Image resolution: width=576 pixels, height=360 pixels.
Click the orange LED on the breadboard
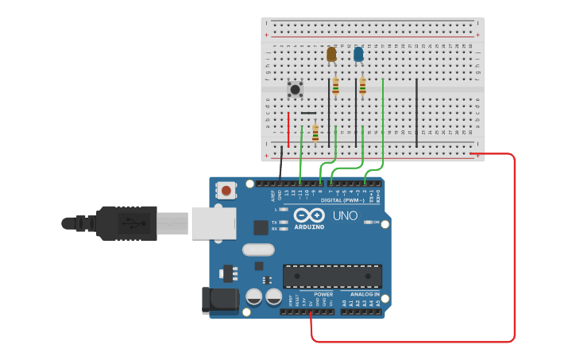tap(331, 54)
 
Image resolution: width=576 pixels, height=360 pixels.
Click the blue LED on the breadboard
tap(358, 54)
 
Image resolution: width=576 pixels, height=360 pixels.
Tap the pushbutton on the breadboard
tap(295, 89)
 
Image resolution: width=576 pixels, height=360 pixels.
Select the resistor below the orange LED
tap(335, 86)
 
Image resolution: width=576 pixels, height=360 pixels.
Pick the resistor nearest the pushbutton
tap(315, 133)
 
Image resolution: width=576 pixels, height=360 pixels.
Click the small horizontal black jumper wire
tap(308, 113)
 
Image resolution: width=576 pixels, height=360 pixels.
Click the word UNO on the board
tap(345, 215)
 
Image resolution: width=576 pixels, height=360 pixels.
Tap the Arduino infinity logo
tap(309, 215)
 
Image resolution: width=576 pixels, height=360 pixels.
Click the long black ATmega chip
tap(332, 276)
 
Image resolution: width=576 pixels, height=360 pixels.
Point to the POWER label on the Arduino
tap(323, 294)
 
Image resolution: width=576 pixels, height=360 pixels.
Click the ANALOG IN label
tap(365, 294)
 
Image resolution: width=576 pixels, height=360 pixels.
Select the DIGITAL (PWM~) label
tap(342, 200)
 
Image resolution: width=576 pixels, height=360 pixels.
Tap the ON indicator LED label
tap(377, 223)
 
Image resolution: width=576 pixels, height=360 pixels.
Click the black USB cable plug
tap(127, 223)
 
